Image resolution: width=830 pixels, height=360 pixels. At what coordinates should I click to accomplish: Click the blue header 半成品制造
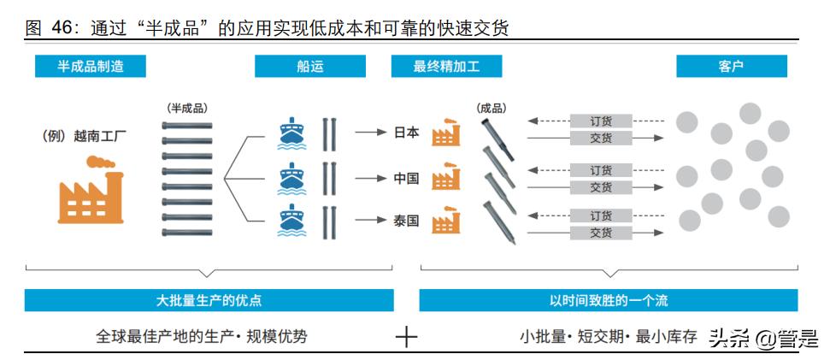pyautogui.click(x=90, y=66)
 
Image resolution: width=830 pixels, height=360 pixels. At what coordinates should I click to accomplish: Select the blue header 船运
pyautogui.click(x=310, y=66)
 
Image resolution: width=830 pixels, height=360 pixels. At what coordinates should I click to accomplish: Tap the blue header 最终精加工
pyautogui.click(x=446, y=66)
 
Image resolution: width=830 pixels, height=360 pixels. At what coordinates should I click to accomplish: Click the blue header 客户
pyautogui.click(x=732, y=66)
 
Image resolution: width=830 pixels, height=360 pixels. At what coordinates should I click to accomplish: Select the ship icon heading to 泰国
pyautogui.click(x=291, y=221)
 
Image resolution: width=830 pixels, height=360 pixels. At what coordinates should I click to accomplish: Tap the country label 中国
pyautogui.click(x=406, y=179)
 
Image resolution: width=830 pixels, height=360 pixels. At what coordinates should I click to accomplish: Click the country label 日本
pyautogui.click(x=406, y=133)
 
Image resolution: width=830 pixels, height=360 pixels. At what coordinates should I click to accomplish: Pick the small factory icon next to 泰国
pyautogui.click(x=445, y=221)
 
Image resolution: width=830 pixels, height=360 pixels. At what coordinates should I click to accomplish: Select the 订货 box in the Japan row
pyautogui.click(x=601, y=121)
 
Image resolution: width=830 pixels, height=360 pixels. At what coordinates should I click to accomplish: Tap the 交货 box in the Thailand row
pyautogui.click(x=601, y=232)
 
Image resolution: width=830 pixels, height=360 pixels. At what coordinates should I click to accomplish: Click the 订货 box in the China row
pyautogui.click(x=601, y=170)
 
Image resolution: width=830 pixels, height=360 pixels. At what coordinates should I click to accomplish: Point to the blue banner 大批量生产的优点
pyautogui.click(x=209, y=300)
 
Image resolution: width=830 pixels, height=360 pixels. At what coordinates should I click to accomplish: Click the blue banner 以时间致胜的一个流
pyautogui.click(x=608, y=300)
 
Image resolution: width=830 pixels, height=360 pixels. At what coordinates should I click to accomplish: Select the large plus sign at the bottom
pyautogui.click(x=406, y=337)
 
